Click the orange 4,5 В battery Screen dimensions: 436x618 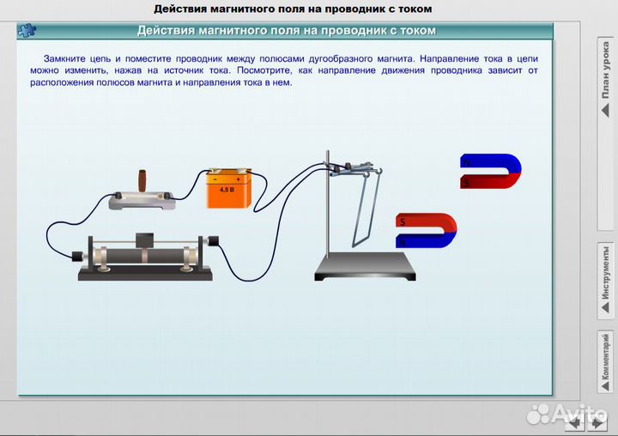tap(227, 190)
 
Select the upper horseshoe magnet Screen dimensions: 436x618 tap(491, 172)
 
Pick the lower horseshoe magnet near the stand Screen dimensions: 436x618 tap(426, 230)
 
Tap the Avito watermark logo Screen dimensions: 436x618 tap(567, 413)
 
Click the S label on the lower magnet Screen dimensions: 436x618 tap(401, 221)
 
